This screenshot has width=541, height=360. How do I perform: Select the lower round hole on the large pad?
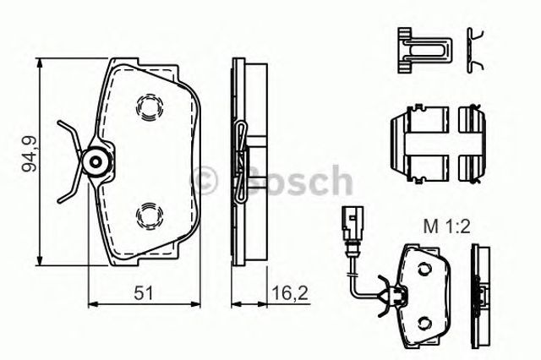pos(150,215)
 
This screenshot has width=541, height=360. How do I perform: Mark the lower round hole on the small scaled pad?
pos(423,323)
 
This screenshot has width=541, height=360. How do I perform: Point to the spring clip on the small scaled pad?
pos(391,295)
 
